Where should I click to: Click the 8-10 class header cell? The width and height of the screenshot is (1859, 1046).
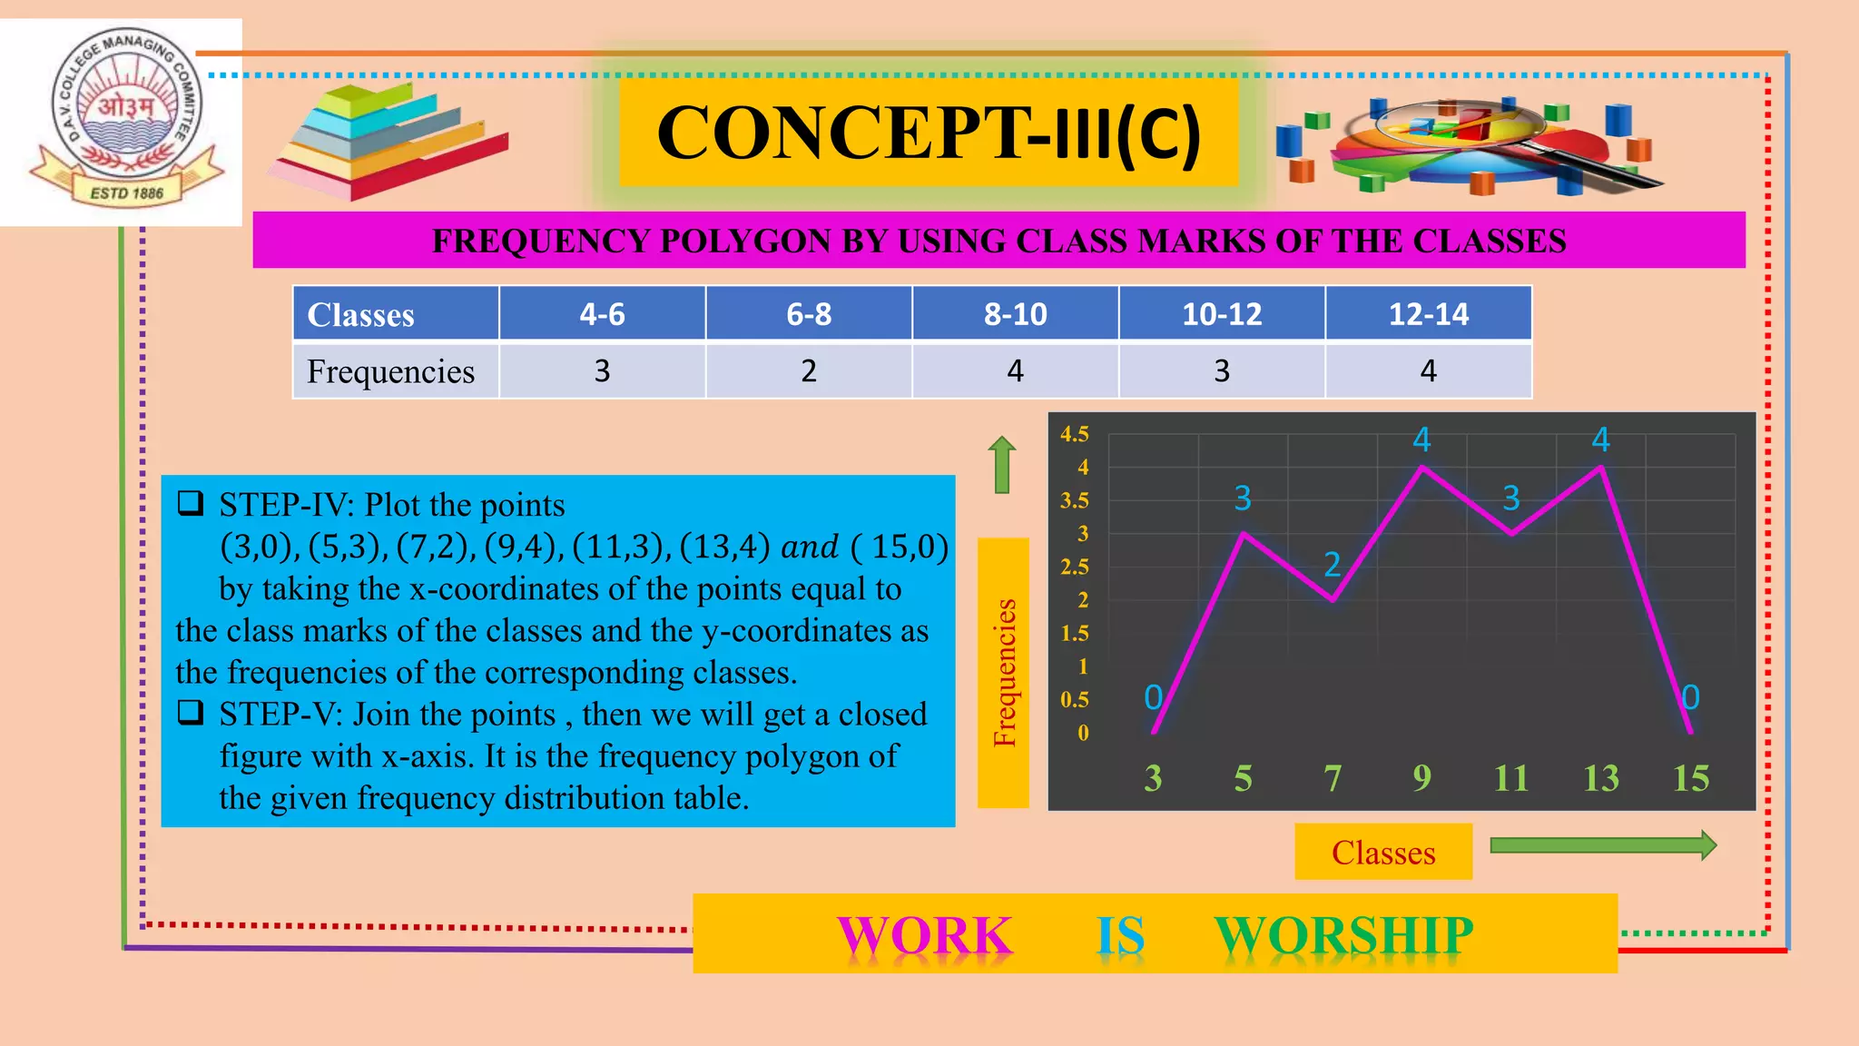coord(1015,314)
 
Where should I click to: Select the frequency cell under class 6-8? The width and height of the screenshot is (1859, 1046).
coord(808,370)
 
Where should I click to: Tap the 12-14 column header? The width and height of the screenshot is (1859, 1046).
coord(1428,314)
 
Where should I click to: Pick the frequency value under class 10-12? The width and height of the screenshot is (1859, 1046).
coord(1222,370)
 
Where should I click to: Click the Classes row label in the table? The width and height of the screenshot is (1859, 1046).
coord(360,315)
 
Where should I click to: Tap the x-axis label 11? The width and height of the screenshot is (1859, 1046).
coord(1510,778)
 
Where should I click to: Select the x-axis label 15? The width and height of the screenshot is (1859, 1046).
coord(1690,778)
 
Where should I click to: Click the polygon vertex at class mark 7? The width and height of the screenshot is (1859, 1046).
coord(1333,600)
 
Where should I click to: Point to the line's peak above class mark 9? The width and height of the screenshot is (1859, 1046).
coord(1421,468)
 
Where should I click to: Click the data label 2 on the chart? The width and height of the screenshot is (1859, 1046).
coord(1332,565)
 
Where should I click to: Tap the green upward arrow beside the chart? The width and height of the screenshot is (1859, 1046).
coord(1001,464)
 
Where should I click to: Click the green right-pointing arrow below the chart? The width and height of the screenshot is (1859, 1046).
coord(1603,845)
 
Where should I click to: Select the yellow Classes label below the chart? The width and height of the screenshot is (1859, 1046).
coord(1382,853)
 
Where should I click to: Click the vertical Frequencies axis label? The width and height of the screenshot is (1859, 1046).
coord(1004,673)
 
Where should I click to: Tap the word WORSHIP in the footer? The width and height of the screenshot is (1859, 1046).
coord(1343,935)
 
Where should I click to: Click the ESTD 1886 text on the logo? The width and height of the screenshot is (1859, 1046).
coord(126,192)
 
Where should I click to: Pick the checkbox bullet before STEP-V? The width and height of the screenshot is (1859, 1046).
coord(191,713)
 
